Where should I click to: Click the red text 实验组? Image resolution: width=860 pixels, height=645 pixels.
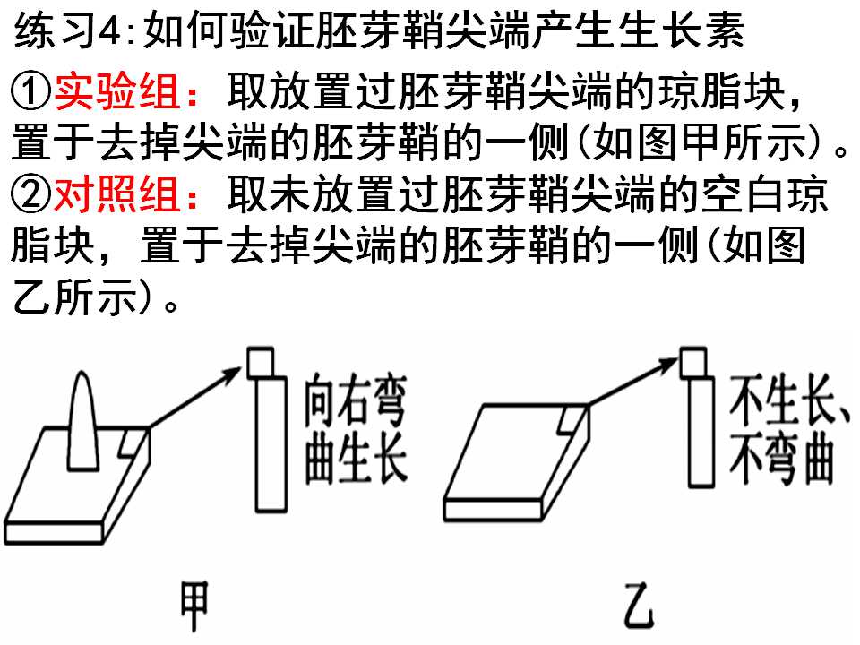(116, 90)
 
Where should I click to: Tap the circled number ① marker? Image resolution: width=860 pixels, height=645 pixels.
(30, 91)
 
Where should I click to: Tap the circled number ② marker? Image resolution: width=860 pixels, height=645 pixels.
(30, 195)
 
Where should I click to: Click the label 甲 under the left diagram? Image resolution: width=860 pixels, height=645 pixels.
(194, 606)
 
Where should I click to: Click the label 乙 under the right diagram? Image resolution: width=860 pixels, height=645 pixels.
(639, 606)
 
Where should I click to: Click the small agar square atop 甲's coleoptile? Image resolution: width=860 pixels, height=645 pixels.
(261, 362)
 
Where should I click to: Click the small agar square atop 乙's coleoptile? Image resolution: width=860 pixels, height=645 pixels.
(692, 362)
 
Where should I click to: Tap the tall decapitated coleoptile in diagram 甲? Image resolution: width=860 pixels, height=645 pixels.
(271, 444)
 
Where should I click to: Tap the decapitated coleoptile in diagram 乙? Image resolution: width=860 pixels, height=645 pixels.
(701, 432)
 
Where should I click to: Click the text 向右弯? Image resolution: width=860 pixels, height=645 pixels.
(356, 400)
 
